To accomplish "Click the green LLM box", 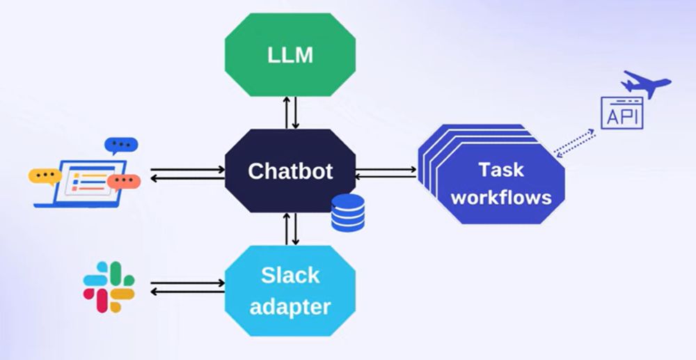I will point(290,55).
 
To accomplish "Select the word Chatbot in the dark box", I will point(290,171).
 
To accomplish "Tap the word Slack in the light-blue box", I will point(290,276).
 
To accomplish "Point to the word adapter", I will point(290,306).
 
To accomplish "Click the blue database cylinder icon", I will point(347,212).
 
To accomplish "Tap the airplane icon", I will point(647,84).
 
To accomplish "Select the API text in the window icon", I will point(622,116).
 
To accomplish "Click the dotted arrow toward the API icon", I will point(574,143).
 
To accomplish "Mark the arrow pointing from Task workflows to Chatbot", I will point(386,178).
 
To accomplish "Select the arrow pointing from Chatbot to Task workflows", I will point(386,169).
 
